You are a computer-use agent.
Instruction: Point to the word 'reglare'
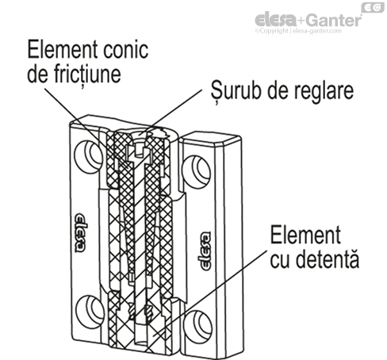[316, 89]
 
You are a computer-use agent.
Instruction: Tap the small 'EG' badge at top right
[374, 8]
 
